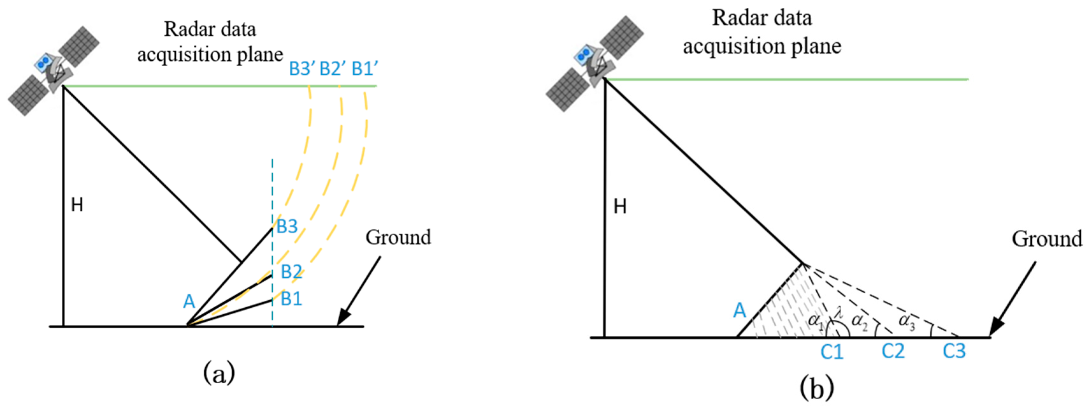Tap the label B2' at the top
pos(332,69)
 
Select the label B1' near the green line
pos(364,69)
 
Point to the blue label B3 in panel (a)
pos(287,227)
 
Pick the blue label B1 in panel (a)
pos(291,299)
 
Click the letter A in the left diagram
pos(189,302)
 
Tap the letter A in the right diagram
pos(739,311)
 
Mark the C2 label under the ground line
pos(893,351)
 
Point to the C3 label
pos(954,351)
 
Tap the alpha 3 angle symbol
pos(907,321)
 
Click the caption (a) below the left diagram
pos(219,373)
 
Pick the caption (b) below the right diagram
pos(817,387)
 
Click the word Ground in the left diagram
pos(398,237)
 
